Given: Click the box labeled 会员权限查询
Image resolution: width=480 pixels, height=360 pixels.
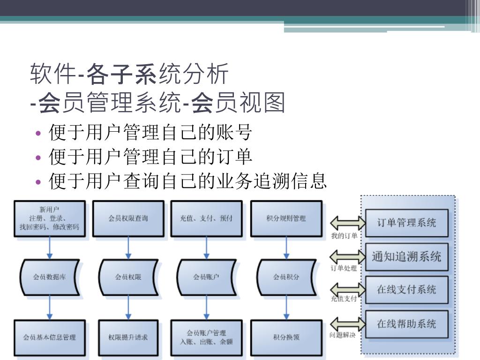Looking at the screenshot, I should [128, 218].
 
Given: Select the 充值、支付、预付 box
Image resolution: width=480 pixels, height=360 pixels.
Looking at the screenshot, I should [206, 218].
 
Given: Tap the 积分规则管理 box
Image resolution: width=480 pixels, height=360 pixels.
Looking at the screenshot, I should [286, 218].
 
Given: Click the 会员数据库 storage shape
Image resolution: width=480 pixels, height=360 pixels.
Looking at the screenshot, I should [50, 277].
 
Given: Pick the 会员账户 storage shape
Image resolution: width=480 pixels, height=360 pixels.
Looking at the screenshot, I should [206, 277].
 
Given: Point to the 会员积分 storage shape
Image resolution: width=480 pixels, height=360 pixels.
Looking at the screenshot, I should [286, 277].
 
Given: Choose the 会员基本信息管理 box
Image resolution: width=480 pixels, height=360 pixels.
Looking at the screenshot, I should [50, 337].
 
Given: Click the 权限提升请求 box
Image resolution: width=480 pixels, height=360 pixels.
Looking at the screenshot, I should [128, 337].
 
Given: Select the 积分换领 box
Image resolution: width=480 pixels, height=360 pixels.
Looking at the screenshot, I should [286, 337].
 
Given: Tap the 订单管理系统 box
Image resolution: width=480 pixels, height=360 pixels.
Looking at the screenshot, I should [406, 223].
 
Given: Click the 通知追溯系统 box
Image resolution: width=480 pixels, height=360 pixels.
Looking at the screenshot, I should [406, 256].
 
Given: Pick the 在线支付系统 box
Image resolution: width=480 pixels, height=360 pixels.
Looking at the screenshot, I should [406, 290].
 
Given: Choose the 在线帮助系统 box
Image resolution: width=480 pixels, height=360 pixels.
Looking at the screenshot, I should [406, 324].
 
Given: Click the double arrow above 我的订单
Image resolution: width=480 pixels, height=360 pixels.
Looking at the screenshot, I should [347, 222].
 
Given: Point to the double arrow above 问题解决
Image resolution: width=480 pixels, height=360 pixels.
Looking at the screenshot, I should [347, 323].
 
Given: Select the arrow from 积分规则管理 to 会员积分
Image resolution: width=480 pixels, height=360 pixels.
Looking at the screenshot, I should [286, 248].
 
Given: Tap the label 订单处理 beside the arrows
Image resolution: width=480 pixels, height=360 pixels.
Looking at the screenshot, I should [344, 269].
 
